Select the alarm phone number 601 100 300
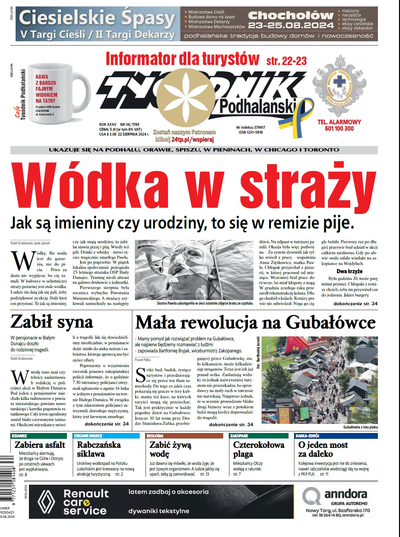(x=339, y=128)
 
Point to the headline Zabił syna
(x=52, y=322)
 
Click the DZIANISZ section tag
(x=19, y=436)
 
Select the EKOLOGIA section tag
(x=155, y=436)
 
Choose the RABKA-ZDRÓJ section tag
(x=307, y=436)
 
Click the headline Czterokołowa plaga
(x=258, y=449)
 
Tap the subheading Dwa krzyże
(x=349, y=271)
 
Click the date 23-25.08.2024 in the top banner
(x=291, y=25)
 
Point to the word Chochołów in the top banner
(x=291, y=15)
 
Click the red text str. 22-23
(x=286, y=61)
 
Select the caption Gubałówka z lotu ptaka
(x=360, y=427)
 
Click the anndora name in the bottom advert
(x=346, y=494)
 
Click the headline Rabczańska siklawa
(x=99, y=449)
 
